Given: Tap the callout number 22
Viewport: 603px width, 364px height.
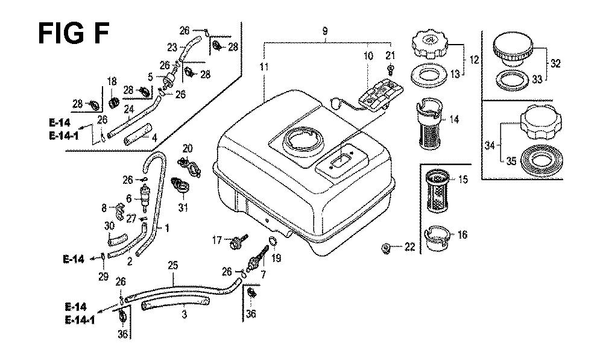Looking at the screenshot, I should [x=409, y=246].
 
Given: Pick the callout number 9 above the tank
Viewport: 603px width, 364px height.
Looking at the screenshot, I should [x=325, y=31].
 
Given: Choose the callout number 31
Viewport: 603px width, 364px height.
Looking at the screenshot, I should [x=183, y=209].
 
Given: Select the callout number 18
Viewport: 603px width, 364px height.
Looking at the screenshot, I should [x=112, y=82].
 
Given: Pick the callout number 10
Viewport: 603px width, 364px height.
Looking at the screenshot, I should [x=368, y=56].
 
